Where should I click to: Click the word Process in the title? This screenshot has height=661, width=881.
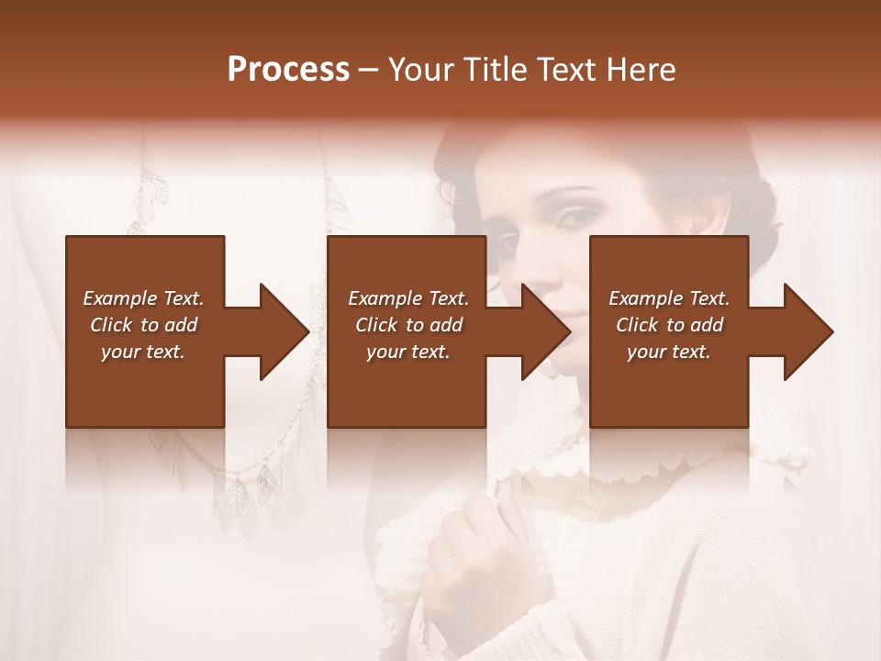click(x=288, y=70)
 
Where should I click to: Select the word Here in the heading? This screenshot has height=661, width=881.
click(x=641, y=70)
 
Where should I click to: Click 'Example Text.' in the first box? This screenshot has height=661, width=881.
click(x=143, y=298)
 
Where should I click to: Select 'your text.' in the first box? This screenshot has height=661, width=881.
click(x=143, y=352)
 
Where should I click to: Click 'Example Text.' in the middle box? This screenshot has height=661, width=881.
click(x=408, y=298)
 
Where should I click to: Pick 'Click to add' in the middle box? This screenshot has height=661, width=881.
click(x=408, y=325)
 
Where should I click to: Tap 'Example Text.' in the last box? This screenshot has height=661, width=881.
click(x=669, y=298)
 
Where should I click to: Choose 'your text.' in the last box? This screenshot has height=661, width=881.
click(x=669, y=352)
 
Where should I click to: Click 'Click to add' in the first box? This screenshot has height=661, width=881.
click(x=143, y=325)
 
